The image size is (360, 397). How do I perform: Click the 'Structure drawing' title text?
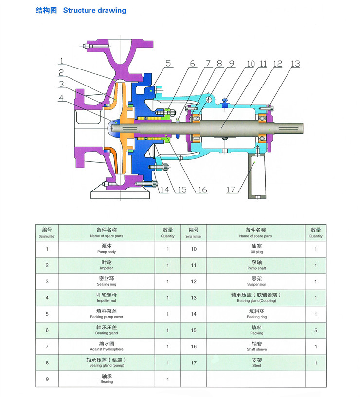point(94,10)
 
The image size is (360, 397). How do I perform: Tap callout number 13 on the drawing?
point(295,64)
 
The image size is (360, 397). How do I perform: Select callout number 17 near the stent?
point(231,189)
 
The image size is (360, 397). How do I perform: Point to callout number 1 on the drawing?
point(62,61)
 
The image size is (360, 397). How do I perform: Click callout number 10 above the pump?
point(251,64)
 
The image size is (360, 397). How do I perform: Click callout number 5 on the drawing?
point(168,63)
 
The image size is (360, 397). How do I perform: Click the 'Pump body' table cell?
point(107,249)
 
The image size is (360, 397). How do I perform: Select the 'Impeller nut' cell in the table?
point(107,297)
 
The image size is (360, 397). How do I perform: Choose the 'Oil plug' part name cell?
point(256,249)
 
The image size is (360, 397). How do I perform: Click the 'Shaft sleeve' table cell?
point(256,346)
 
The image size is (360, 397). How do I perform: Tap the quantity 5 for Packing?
point(315,330)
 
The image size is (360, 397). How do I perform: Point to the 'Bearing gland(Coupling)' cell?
point(256,297)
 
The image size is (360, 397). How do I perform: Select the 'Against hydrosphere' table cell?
point(107,346)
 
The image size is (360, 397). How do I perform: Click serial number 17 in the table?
point(193,362)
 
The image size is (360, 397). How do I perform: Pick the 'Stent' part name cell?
point(256,362)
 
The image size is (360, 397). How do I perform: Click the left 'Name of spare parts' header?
point(107,233)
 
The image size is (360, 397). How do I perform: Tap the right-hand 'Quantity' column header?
point(315,233)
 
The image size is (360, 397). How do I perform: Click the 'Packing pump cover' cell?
point(107,313)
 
